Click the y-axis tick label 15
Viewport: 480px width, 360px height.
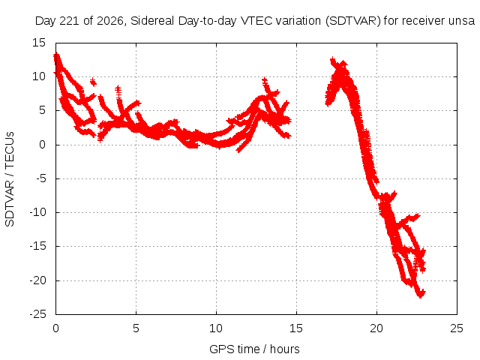tap(39, 43)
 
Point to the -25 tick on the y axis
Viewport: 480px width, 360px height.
tap(37, 314)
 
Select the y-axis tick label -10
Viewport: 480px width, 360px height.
tap(37, 212)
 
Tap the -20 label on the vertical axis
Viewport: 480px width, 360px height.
tap(37, 280)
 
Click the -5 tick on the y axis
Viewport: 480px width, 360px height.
tap(41, 178)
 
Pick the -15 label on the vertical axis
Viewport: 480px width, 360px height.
tap(37, 246)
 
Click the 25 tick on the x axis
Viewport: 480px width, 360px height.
tap(457, 328)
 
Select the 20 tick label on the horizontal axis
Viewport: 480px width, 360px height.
tap(376, 328)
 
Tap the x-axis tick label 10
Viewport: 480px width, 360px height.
tap(216, 328)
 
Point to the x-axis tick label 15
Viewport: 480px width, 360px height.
tap(296, 328)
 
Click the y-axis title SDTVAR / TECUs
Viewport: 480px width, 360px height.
tap(10, 179)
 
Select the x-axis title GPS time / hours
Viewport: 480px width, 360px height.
tap(254, 349)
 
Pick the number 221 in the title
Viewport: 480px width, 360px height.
tap(70, 21)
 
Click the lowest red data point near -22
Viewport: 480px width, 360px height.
tap(421, 295)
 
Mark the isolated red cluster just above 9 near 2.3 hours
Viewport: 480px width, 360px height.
tap(93, 82)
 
